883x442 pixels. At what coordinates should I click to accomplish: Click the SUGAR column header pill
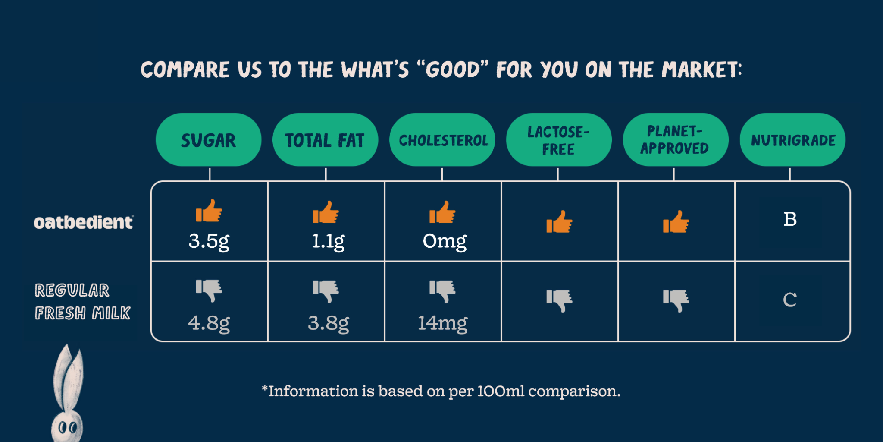(x=209, y=140)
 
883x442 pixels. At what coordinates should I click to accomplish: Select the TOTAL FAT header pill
(x=325, y=140)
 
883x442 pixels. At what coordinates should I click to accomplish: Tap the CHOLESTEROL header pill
(x=442, y=140)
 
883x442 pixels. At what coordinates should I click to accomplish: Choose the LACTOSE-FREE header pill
(x=559, y=140)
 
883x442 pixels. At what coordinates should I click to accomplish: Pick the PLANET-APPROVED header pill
(x=676, y=140)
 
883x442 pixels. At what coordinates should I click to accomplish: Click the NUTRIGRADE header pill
(x=792, y=140)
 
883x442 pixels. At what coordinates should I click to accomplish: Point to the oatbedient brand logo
(x=84, y=222)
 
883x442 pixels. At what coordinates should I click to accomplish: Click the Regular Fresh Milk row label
(x=82, y=302)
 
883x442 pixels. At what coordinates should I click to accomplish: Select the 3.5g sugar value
(x=209, y=241)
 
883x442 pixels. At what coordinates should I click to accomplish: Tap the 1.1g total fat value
(x=328, y=241)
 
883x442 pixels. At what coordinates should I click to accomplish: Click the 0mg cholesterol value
(x=445, y=241)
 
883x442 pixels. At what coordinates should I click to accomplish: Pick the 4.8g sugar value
(x=209, y=323)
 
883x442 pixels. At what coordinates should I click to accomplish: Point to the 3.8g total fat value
(x=328, y=323)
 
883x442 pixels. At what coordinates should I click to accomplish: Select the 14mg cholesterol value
(x=442, y=323)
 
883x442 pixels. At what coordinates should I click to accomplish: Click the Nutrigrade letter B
(x=790, y=219)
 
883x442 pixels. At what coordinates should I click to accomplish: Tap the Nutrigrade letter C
(x=790, y=300)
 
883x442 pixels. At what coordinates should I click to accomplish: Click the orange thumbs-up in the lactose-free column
(x=559, y=222)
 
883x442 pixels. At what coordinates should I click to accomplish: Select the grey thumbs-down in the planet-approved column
(x=676, y=300)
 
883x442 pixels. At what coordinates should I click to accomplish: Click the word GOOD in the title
(x=452, y=69)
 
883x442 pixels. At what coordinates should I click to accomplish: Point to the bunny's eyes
(x=68, y=428)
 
